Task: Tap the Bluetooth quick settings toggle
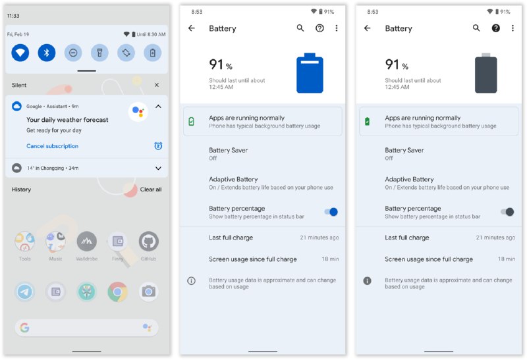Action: tap(46, 53)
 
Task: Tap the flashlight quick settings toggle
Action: tap(99, 53)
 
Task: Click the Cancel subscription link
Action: tap(53, 146)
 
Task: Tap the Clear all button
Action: tap(151, 190)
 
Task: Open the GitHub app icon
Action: tap(149, 241)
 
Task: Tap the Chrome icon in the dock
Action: tap(117, 292)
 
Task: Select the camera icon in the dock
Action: tap(149, 292)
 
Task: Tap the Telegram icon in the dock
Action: tap(25, 292)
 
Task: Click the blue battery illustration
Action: tap(310, 73)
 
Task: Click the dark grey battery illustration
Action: tap(485, 73)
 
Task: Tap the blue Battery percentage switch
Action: tap(331, 212)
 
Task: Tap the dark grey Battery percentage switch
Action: tap(507, 212)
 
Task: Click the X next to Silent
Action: tap(157, 85)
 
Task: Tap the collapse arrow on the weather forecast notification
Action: tap(158, 107)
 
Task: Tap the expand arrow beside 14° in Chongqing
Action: tap(158, 168)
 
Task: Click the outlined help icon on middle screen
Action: tap(319, 28)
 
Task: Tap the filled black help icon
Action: tap(496, 28)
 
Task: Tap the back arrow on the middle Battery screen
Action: tap(192, 28)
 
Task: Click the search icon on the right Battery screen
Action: tap(476, 28)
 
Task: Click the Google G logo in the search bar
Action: tap(24, 328)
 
